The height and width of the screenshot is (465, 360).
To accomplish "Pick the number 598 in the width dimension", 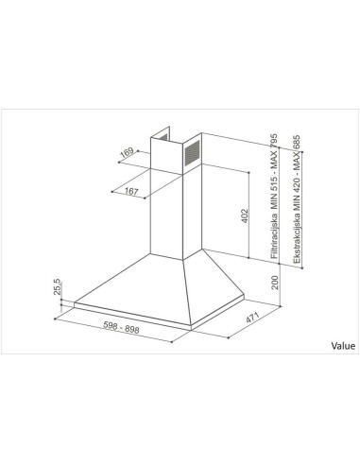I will tap(112, 330).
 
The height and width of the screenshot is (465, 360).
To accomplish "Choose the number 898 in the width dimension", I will tap(139, 330).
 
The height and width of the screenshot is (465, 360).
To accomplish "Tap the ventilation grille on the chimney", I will tap(192, 151).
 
